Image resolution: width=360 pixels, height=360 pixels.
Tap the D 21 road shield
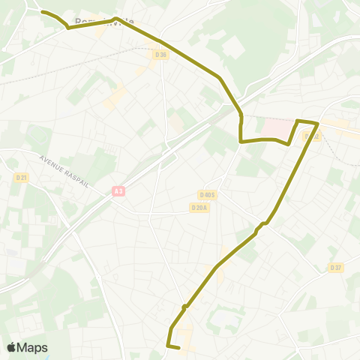(22, 177)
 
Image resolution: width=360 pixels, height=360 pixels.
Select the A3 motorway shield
(118, 191)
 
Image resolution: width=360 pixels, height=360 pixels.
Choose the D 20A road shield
(199, 208)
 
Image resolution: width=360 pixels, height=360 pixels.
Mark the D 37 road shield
(335, 268)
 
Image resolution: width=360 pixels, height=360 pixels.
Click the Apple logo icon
(11, 347)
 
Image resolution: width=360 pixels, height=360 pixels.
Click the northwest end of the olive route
(41, 12)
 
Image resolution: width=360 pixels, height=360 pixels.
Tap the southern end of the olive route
(180, 348)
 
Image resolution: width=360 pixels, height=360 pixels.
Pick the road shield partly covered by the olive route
(311, 136)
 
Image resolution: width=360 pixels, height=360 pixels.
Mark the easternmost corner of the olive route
(319, 123)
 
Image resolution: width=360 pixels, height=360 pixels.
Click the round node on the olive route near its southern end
(184, 306)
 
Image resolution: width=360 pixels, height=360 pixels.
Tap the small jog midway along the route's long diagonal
(262, 225)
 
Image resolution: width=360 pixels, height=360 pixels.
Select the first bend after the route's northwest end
(68, 28)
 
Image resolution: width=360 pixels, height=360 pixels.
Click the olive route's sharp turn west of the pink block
(240, 140)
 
